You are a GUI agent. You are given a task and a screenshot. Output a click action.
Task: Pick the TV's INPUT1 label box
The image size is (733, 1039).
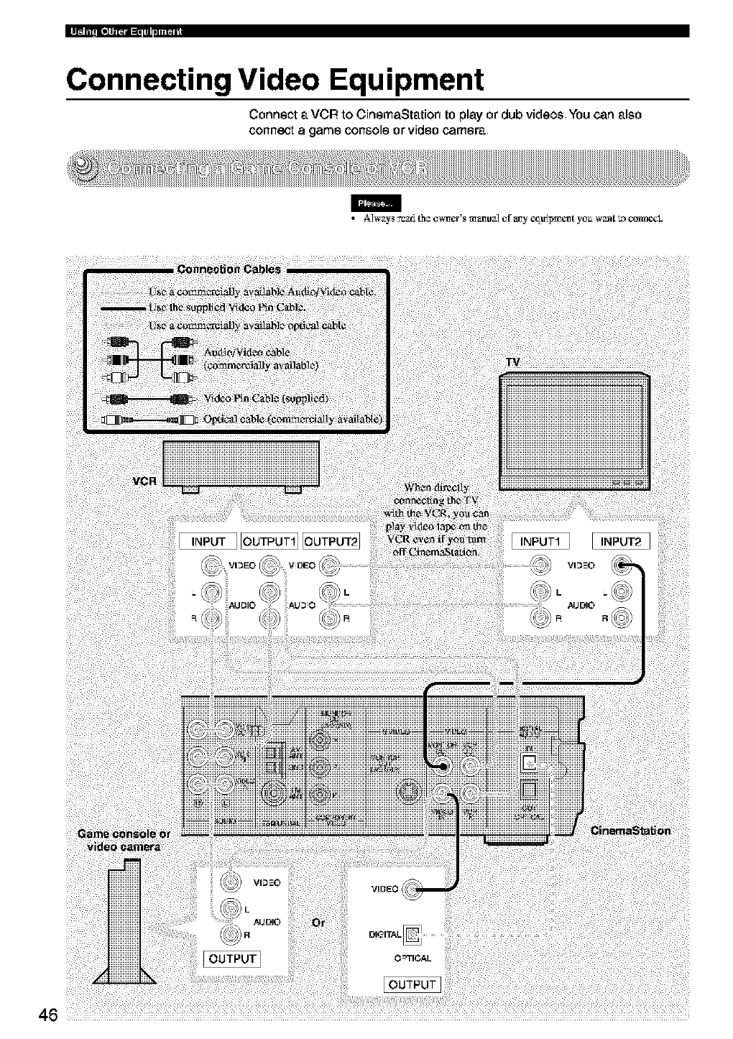(540, 541)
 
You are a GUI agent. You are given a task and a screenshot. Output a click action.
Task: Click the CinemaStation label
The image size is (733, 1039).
(630, 831)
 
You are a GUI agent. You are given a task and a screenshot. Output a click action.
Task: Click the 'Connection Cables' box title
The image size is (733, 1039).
(229, 269)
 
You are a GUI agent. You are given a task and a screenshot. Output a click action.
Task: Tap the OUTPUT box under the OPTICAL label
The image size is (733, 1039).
(412, 984)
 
